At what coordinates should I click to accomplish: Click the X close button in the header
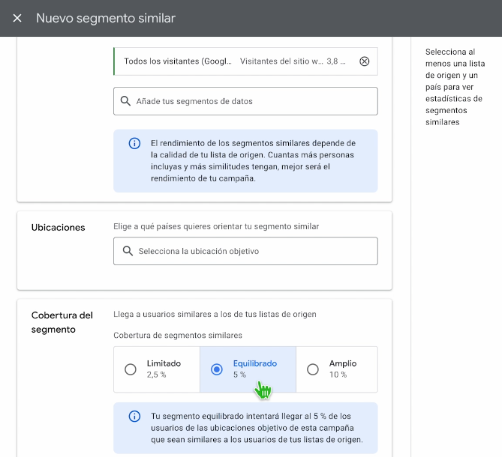point(17,18)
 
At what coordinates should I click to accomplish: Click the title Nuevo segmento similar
point(106,18)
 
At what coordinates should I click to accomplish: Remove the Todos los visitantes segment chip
point(365,61)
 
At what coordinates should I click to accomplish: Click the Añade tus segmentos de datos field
point(245,101)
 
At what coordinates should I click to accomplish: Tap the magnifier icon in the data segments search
point(125,101)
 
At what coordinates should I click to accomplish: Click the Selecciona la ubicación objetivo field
point(245,251)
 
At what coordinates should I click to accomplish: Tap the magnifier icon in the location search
point(128,251)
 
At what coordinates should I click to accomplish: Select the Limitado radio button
point(131,369)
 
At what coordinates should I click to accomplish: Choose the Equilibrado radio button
point(217,369)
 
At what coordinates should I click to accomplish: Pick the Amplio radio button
point(313,369)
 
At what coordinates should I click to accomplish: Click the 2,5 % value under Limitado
point(157,375)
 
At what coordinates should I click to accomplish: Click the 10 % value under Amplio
point(338,375)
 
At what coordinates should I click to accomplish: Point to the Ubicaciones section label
point(59,227)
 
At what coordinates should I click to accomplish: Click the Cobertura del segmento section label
point(62,322)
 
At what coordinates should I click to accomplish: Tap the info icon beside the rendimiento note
point(134,143)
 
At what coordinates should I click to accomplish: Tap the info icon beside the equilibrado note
point(134,416)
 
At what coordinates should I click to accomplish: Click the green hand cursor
point(263,390)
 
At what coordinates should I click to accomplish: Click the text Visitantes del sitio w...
point(281,61)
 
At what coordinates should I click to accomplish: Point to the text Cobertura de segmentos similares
point(178,335)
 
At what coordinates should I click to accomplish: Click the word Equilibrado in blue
point(255,363)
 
